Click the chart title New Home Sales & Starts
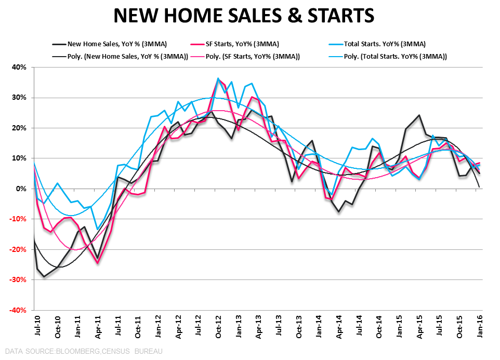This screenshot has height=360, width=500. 244,15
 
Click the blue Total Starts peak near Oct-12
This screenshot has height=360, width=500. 218,78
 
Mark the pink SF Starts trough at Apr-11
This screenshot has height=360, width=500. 97,263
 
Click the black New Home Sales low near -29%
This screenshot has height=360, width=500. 44,276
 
